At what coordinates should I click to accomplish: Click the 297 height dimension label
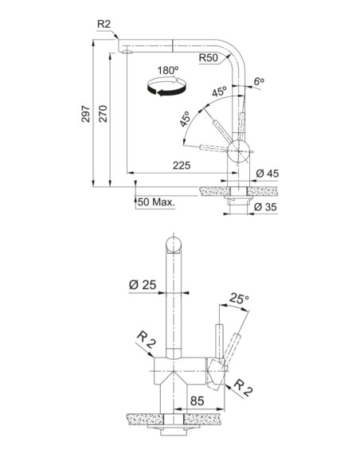85,114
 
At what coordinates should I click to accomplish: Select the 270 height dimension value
103,114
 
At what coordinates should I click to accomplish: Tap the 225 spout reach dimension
182,166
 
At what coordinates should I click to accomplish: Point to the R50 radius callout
208,57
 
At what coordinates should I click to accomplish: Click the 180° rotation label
168,71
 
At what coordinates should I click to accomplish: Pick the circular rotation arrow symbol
166,87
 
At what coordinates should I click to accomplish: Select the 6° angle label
259,81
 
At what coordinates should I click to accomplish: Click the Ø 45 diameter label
267,174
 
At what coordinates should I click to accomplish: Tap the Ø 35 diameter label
265,207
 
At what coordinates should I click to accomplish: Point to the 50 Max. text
156,202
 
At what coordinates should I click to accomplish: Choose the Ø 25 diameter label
143,285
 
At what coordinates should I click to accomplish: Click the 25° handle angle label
239,299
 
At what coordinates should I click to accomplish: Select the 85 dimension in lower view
198,401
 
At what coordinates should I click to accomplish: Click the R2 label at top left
104,24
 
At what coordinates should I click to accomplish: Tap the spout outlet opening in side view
127,52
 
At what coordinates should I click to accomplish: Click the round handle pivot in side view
238,151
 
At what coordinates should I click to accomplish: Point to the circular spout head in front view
174,244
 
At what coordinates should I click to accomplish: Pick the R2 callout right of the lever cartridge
243,388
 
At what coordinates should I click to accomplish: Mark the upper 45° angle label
219,92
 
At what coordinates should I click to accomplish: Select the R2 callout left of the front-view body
146,340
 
